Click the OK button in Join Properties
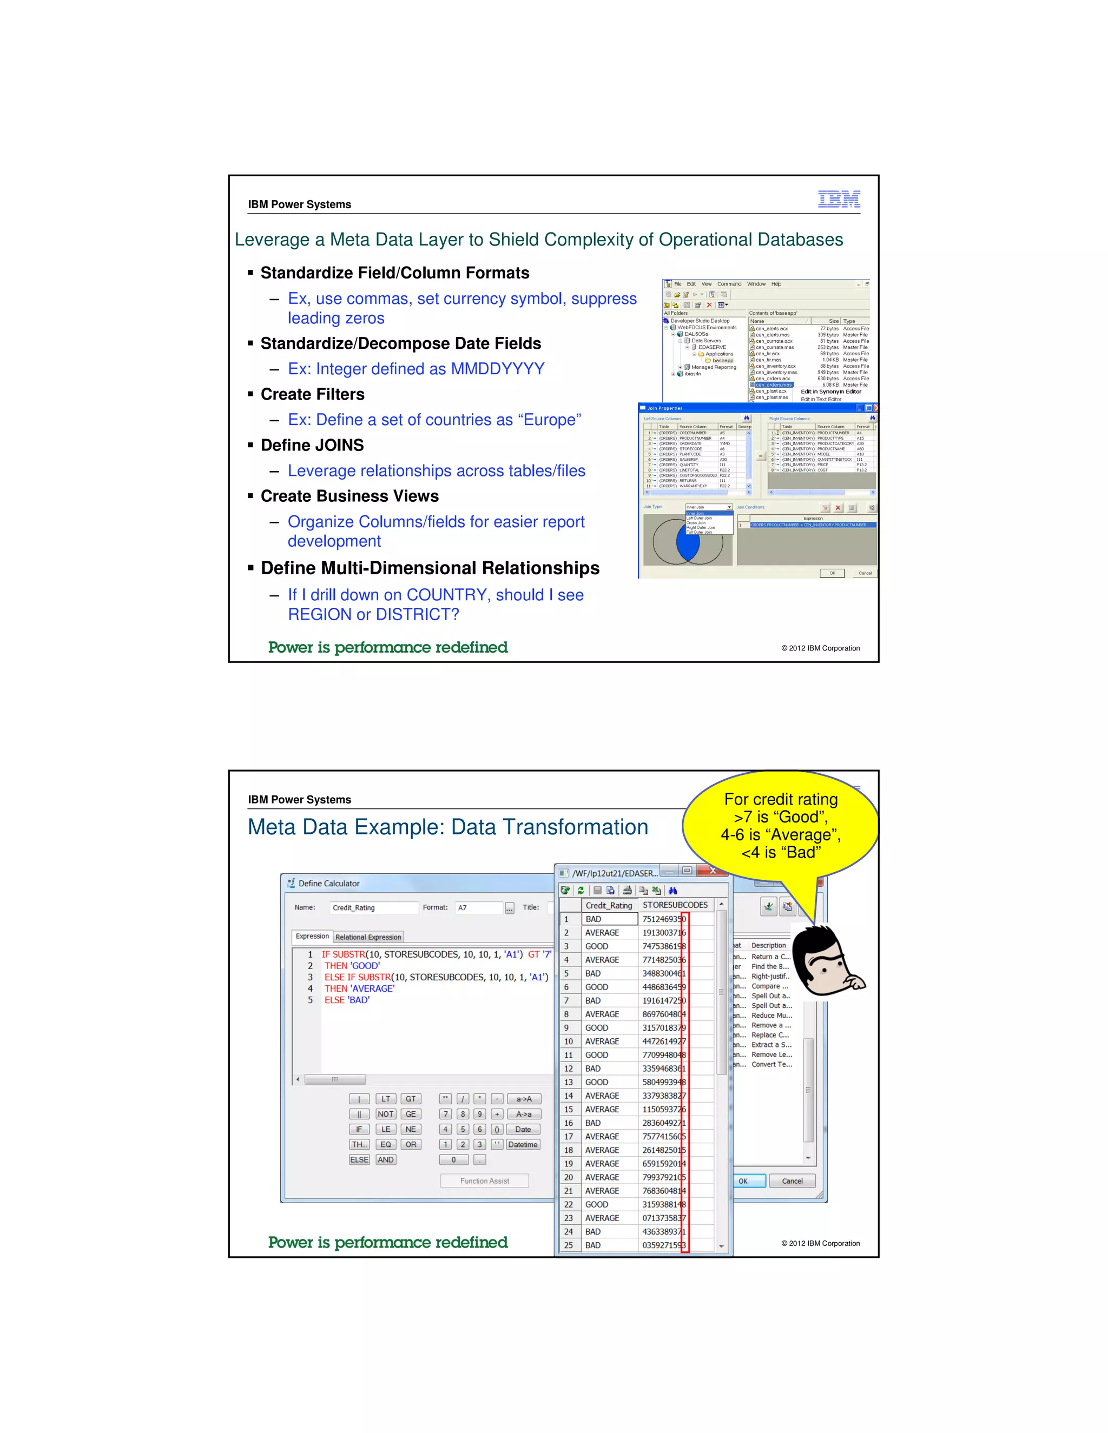[832, 573]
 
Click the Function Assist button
[484, 1180]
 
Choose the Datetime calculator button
[523, 1144]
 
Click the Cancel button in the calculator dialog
[792, 1180]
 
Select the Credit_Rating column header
[609, 905]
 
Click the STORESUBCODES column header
[675, 905]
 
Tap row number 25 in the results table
[569, 1245]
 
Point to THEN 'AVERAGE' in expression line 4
[359, 988]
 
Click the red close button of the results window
[713, 871]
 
